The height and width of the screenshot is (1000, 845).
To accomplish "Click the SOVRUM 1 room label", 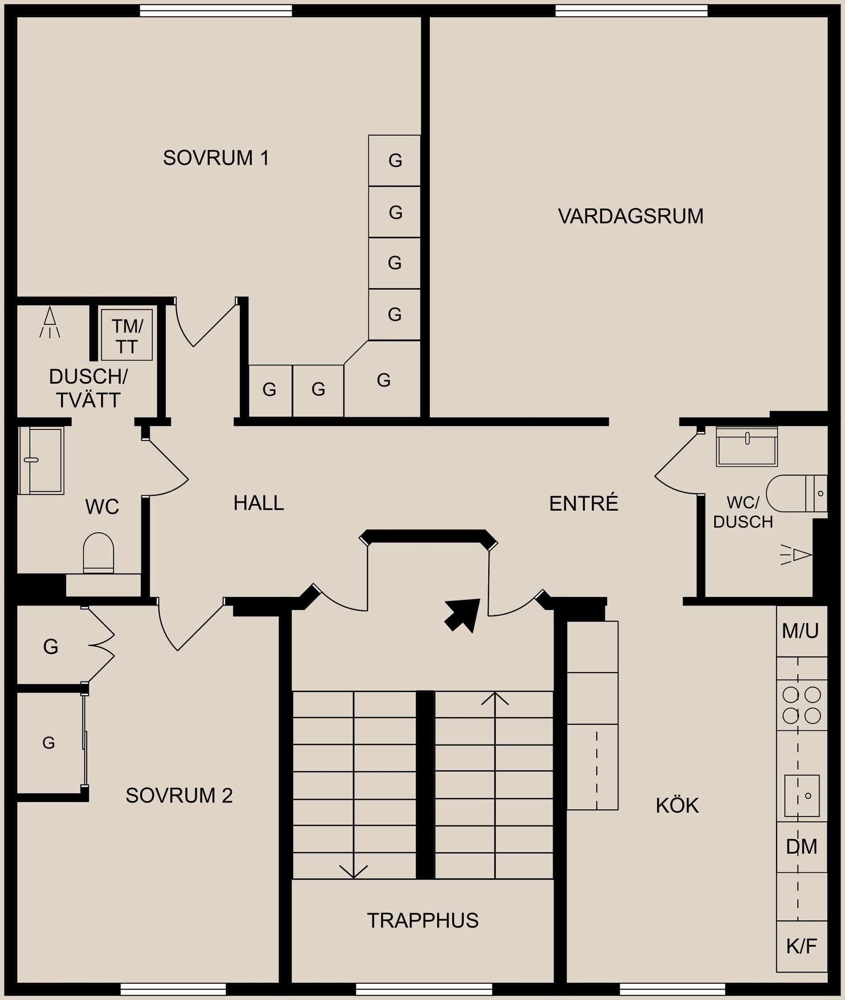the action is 216,158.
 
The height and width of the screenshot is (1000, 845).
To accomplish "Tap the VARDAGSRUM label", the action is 630,216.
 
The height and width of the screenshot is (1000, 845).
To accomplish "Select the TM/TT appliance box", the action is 127,335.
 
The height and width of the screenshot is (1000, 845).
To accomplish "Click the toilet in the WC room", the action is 99,553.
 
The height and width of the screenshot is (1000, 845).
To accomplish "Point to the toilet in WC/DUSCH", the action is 797,493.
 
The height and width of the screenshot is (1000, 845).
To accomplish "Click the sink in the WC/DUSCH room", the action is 747,447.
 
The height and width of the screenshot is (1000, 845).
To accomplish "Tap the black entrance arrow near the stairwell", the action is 463,615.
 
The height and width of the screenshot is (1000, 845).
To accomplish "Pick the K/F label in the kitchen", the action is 801,946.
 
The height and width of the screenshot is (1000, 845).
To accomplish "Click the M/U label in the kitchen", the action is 801,631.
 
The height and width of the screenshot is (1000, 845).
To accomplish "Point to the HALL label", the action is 259,503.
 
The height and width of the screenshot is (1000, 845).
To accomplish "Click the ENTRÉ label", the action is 584,503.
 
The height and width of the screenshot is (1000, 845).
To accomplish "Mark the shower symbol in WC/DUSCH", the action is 796,555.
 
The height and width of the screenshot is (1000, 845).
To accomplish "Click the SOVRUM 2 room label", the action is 179,795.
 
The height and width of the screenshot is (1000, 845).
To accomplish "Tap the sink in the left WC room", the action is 41,460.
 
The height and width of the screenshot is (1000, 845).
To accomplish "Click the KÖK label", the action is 677,806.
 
